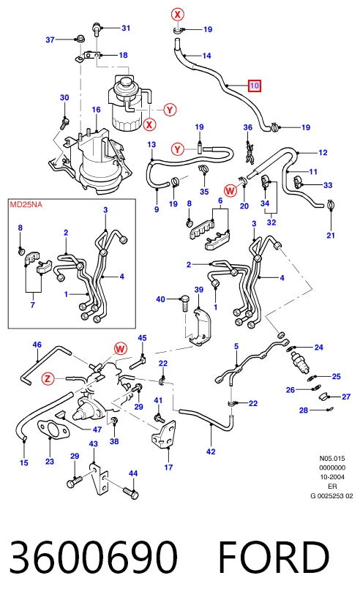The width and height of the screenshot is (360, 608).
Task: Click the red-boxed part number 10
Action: pos(255,86)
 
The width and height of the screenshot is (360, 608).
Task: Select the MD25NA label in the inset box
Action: pos(26,204)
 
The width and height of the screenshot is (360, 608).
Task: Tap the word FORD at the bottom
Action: pos(274,558)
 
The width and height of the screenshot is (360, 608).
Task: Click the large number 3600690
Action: pos(94,558)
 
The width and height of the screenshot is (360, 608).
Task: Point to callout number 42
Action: pos(211,451)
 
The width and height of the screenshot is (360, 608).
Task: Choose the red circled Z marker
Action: pos(48,378)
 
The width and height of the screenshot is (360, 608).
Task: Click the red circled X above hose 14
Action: pos(178,15)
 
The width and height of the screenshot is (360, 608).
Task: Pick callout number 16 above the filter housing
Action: pos(96,110)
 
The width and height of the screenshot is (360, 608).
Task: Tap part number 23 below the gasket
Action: pos(50,462)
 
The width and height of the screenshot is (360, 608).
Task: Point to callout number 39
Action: pos(198,290)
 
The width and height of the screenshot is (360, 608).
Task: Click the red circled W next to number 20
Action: pos(230,190)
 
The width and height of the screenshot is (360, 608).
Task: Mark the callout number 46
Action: pos(37,345)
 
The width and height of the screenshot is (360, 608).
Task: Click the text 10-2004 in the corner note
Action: pos(332,477)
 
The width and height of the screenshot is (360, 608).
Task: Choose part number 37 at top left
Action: pos(50,40)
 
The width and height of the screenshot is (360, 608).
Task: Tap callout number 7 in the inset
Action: pos(33,305)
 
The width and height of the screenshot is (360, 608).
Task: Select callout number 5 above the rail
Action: pos(236,346)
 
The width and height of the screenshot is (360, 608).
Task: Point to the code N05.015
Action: pos(332,458)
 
